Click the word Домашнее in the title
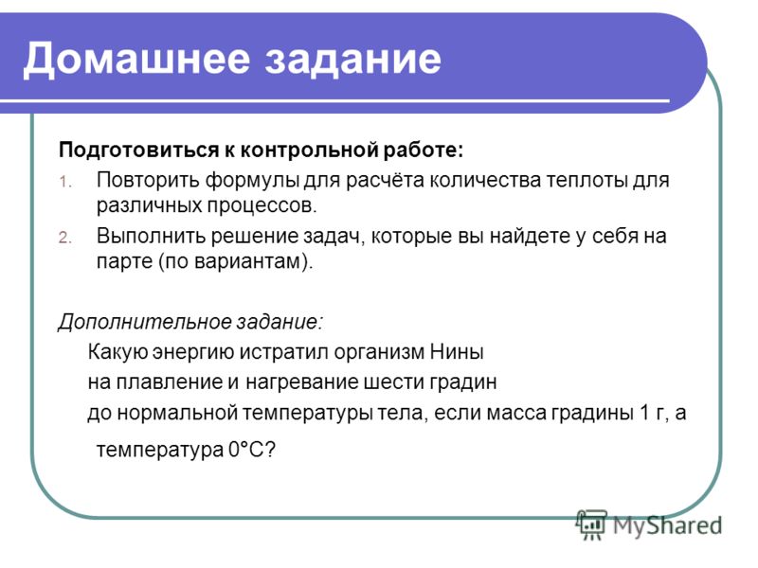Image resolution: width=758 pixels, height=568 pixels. click(136, 59)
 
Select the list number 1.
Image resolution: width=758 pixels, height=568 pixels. click(65, 182)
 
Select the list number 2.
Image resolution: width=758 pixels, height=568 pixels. click(65, 238)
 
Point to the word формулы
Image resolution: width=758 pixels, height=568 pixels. click(251, 180)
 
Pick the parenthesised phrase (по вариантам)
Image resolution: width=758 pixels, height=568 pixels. click(236, 262)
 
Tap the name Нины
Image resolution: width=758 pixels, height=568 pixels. click(457, 352)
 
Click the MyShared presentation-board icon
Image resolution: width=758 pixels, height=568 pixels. click(591, 524)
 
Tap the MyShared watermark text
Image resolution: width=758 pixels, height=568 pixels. click(667, 525)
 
